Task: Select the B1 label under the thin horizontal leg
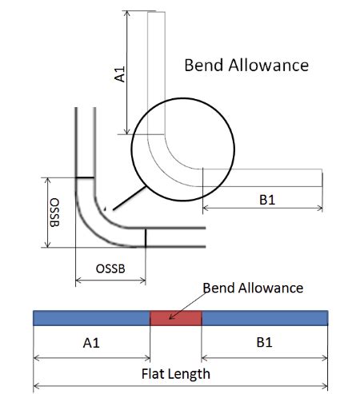click(266, 201)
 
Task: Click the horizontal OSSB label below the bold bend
click(111, 269)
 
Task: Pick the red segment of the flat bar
click(176, 318)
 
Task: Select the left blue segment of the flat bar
click(91, 318)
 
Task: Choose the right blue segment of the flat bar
click(265, 318)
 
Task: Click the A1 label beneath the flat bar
click(91, 344)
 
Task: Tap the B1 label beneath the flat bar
click(265, 344)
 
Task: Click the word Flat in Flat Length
click(154, 373)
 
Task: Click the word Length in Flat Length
click(190, 373)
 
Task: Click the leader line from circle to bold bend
click(125, 197)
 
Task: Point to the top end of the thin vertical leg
click(155, 13)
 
